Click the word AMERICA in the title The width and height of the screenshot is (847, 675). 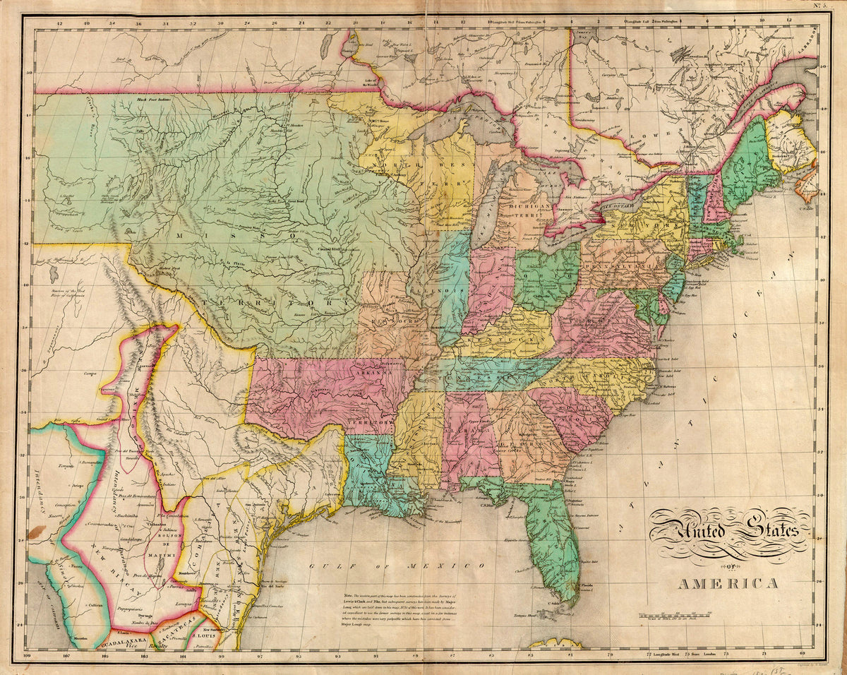[x=728, y=584]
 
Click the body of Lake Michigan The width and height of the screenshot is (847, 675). [x=486, y=205]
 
